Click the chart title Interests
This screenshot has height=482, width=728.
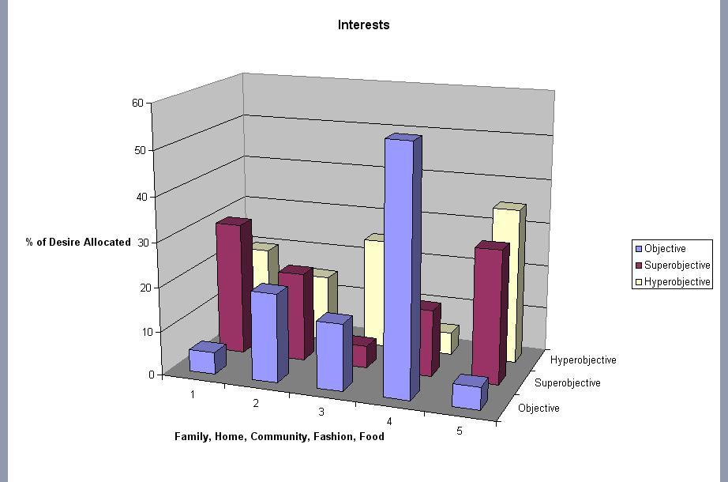(x=363, y=24)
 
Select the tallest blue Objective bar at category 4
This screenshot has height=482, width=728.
(x=399, y=269)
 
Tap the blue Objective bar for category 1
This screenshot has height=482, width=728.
(x=202, y=360)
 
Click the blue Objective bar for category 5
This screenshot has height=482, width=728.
(x=467, y=395)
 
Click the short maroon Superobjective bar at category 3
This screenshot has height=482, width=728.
(x=361, y=352)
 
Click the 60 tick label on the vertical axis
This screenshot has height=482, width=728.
(x=137, y=103)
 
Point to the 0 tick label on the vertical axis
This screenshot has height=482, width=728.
(x=151, y=374)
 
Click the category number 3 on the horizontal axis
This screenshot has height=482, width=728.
(x=321, y=412)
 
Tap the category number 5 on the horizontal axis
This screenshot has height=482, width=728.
(x=460, y=430)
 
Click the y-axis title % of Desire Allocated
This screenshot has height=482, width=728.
(x=78, y=242)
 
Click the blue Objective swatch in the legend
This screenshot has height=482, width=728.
(x=639, y=249)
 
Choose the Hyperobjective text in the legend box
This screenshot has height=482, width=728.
(x=677, y=282)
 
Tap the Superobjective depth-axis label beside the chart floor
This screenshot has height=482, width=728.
(x=567, y=383)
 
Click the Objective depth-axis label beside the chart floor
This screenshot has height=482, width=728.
(x=538, y=409)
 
